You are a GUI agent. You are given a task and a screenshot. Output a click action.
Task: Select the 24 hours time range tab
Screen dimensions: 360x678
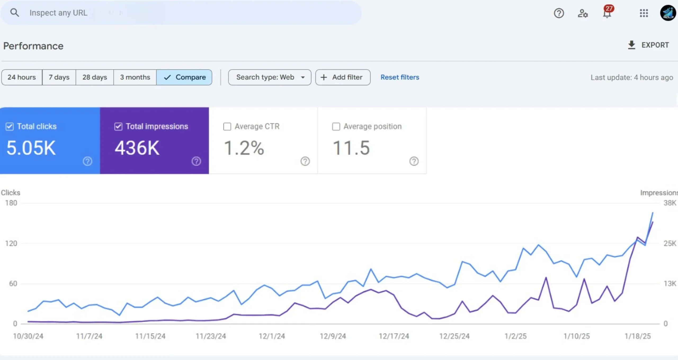coord(22,77)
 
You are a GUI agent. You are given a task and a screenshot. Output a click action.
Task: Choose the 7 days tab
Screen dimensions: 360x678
coord(59,77)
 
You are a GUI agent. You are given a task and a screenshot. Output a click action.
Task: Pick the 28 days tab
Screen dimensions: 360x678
coord(95,77)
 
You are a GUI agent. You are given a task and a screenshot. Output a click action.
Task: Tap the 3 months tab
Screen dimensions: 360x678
coord(135,77)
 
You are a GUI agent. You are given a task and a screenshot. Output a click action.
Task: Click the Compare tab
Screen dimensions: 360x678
coord(184,77)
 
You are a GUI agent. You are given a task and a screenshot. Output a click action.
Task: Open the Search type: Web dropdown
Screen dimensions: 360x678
coord(270,77)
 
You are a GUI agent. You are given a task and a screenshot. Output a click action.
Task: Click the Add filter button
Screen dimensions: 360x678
coord(343,77)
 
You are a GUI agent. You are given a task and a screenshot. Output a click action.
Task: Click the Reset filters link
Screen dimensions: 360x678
coord(400,77)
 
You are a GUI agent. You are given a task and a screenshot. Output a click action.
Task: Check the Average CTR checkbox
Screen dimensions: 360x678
coord(227,127)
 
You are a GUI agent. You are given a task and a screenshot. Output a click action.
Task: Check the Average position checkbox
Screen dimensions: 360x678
coord(336,127)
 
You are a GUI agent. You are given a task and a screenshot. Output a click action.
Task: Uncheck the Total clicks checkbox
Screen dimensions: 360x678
coord(10,127)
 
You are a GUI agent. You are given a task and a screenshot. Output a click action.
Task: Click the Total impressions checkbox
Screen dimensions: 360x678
coord(118,127)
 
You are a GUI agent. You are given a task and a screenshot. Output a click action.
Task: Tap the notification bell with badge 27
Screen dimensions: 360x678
coord(607,13)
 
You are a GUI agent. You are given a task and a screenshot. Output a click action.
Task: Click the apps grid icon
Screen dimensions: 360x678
coord(644,13)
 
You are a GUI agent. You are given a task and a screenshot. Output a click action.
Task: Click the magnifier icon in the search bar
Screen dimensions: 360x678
coord(15,13)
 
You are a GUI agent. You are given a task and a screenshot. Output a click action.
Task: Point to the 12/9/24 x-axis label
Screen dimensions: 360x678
coord(333,336)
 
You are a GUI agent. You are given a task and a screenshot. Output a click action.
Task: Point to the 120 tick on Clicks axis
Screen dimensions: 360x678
coord(11,243)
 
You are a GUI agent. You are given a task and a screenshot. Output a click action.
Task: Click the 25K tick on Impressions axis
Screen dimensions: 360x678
coord(670,243)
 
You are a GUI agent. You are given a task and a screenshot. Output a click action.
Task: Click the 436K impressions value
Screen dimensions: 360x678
coord(137,148)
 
